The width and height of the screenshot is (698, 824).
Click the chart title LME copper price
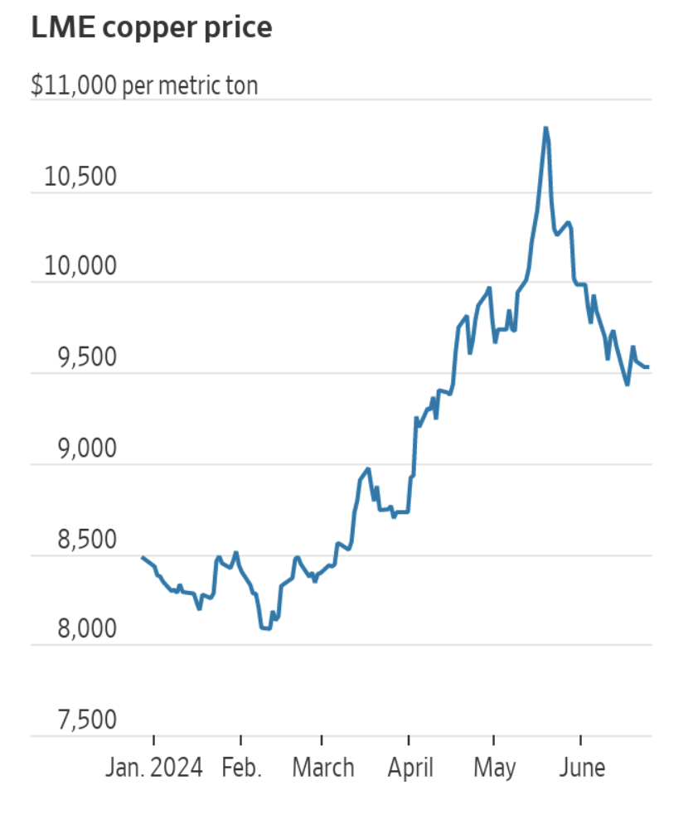point(151,28)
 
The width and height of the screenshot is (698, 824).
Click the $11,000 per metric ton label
point(144,85)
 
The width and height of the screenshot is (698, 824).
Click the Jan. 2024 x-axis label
point(154,768)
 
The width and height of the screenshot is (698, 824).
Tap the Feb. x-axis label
point(241,768)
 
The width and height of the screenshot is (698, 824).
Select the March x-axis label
point(322,768)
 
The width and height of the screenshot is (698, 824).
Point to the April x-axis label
point(410,768)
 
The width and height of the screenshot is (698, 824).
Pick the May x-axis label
point(494,768)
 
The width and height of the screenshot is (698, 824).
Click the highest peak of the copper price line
point(545,128)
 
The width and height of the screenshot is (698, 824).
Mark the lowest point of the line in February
point(267,628)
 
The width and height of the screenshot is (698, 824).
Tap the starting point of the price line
point(143,558)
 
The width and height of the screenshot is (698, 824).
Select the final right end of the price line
point(648,367)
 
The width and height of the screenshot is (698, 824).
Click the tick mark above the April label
point(409,741)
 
